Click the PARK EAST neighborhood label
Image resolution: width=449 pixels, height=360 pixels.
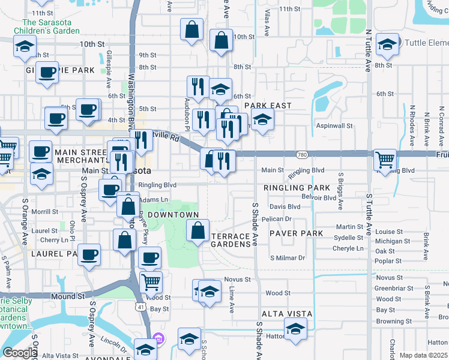click(x=268, y=106)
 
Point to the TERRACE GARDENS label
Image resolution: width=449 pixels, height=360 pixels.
click(x=231, y=240)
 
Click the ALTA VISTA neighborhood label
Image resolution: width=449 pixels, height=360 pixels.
click(x=287, y=314)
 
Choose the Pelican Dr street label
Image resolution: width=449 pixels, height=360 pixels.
click(x=276, y=219)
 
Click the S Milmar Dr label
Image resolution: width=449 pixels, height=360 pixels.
click(x=288, y=258)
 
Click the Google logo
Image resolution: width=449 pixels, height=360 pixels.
click(x=20, y=353)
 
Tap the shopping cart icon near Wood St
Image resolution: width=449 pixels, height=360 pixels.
click(x=151, y=281)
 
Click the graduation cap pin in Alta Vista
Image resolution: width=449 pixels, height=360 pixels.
click(x=295, y=329)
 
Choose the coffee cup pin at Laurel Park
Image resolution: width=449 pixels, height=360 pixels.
click(x=89, y=254)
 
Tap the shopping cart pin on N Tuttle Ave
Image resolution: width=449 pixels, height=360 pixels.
click(x=385, y=160)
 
